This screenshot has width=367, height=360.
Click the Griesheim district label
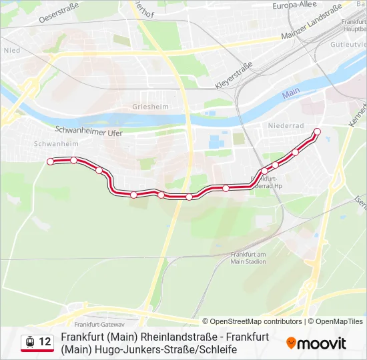point(150,106)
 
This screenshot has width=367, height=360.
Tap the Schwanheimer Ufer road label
point(89,131)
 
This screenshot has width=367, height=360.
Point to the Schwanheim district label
point(56,143)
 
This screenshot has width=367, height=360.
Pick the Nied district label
point(11,49)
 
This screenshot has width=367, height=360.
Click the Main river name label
point(291,95)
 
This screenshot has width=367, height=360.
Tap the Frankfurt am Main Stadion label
point(248,258)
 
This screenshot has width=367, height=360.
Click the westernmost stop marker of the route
point(50,161)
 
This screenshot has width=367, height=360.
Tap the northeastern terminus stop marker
point(317,131)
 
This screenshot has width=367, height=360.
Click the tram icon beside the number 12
point(30,342)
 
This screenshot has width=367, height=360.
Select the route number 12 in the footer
point(45,342)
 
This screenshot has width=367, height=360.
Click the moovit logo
point(316,343)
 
